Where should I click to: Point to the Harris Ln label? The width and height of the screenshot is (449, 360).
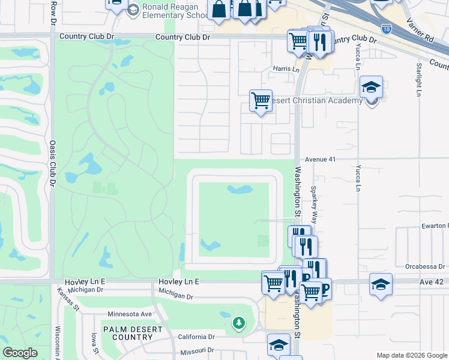coord(286,69)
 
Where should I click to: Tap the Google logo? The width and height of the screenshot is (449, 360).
coord(20,352)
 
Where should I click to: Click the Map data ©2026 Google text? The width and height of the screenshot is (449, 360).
coord(412,355)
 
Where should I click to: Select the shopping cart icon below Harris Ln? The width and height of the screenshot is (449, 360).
coord(261,101)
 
